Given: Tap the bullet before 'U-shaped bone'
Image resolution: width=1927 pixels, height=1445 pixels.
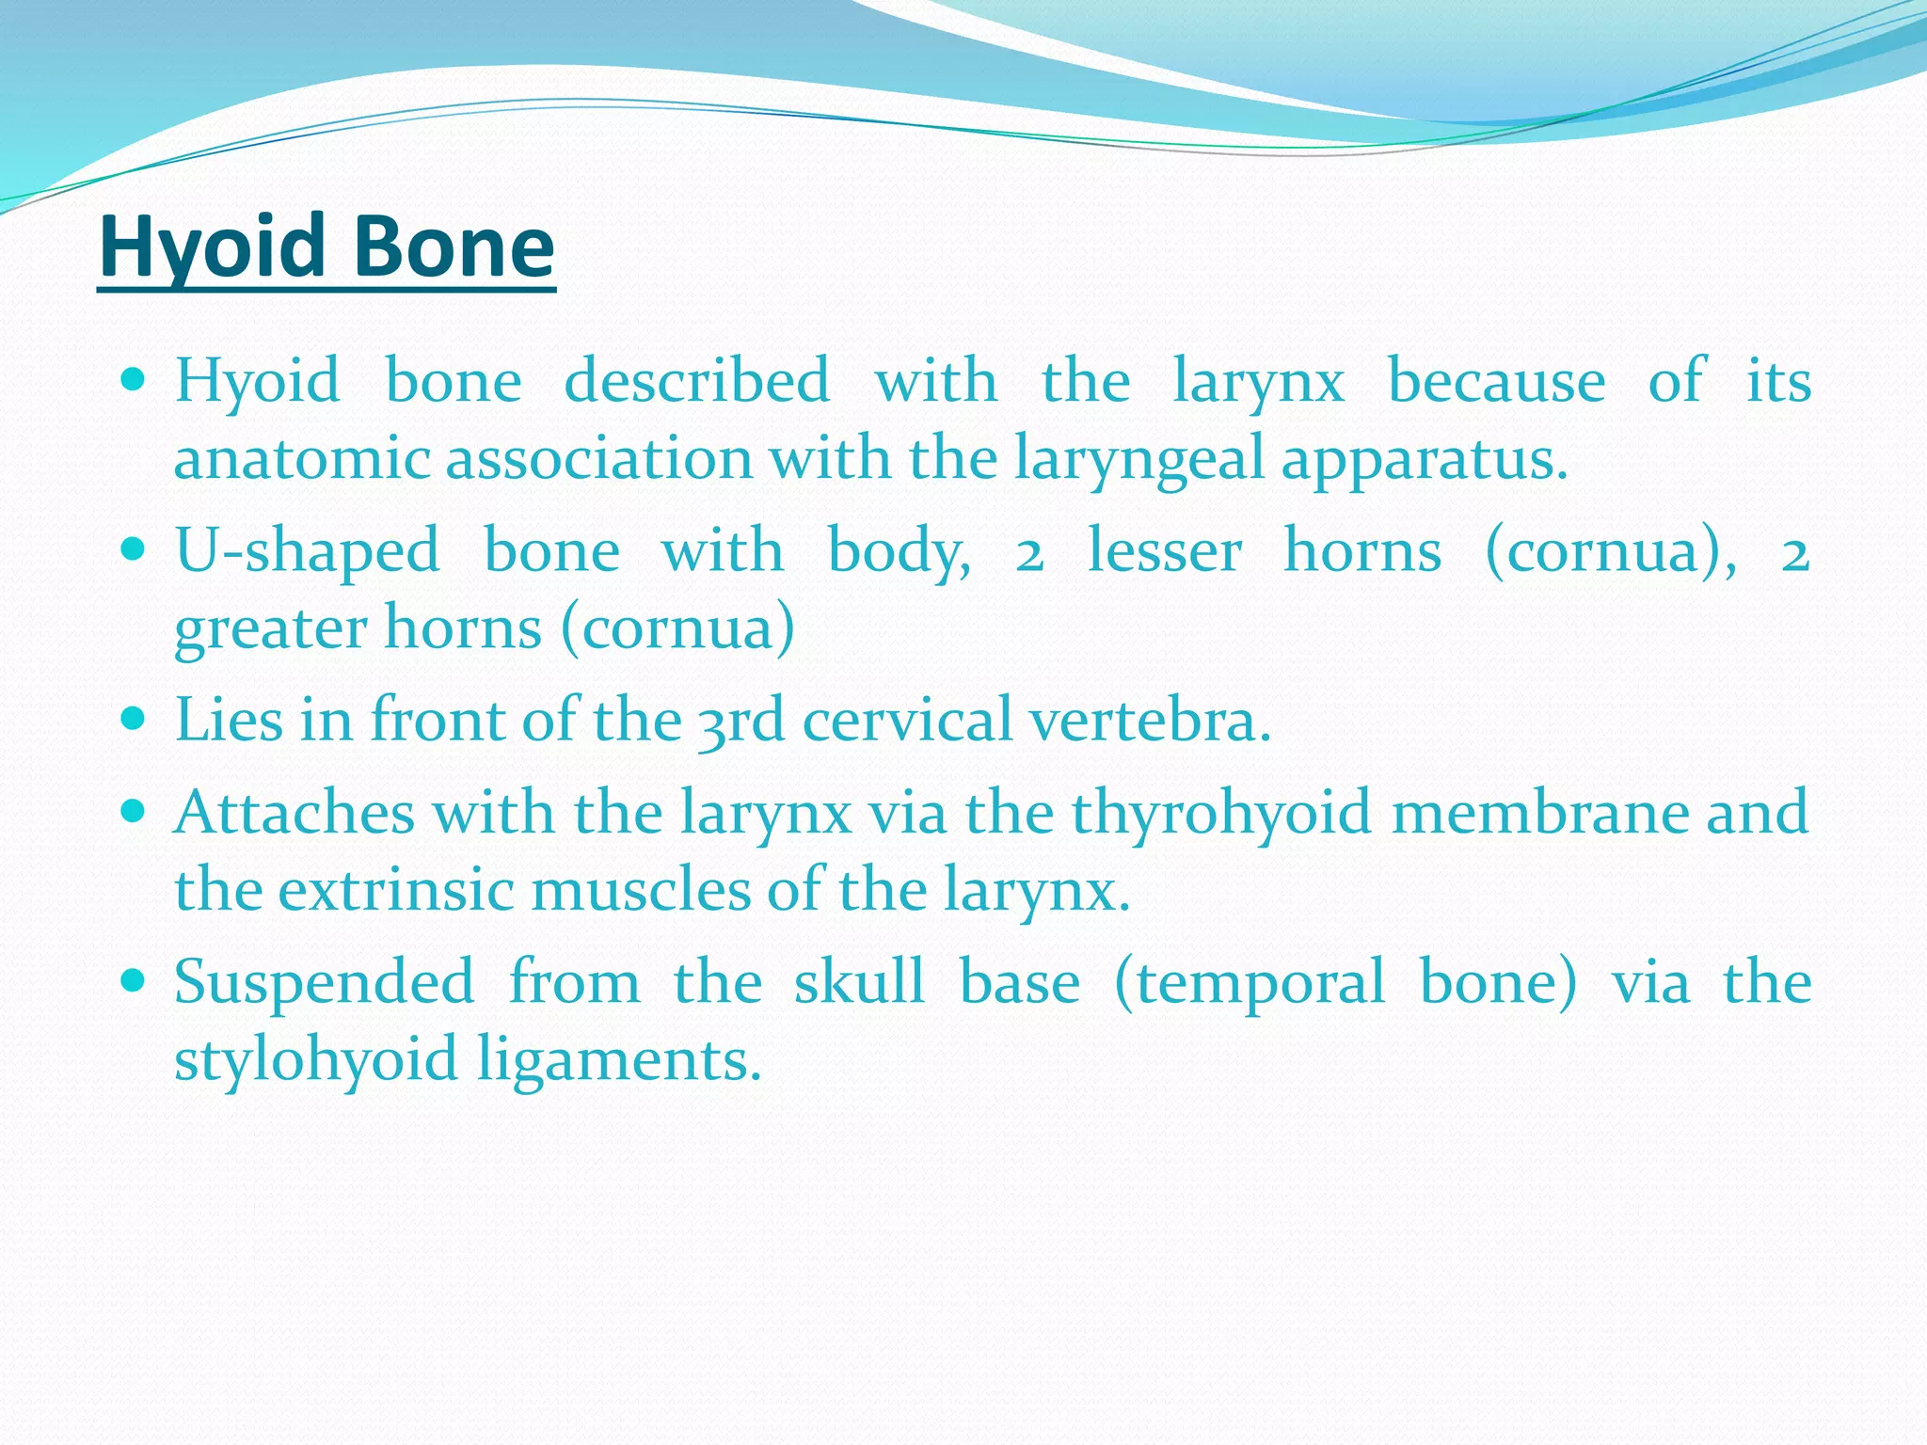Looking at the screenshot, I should click(133, 548).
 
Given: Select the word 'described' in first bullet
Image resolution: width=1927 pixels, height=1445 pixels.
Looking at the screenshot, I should click(696, 382).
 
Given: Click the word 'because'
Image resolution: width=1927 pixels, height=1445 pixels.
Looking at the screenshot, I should click(1496, 382).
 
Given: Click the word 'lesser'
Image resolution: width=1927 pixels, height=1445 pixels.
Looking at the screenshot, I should click(1164, 550).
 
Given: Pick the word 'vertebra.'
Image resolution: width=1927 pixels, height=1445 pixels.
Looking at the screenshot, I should click(1149, 721).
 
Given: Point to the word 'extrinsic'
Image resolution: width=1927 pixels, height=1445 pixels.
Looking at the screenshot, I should click(395, 889).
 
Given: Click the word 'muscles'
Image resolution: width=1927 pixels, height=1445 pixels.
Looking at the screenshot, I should click(641, 889).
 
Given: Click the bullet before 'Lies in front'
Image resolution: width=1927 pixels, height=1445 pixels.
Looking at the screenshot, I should click(133, 719).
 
